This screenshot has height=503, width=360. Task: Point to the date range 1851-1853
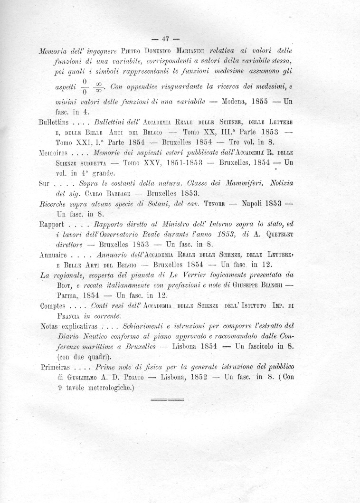(x=181, y=163)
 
